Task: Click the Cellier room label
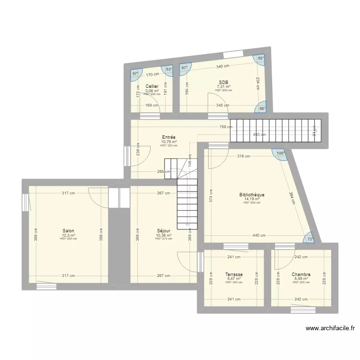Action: point(152,86)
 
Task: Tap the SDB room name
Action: point(224,82)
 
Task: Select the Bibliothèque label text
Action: point(252,194)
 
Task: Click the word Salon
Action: point(68,230)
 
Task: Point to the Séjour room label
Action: point(163,230)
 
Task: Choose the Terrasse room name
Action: point(234,275)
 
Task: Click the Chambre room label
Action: point(301,275)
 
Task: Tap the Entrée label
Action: point(168,137)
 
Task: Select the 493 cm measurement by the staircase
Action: point(260,134)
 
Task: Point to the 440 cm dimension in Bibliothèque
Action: point(259,236)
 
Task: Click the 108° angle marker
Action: point(280,154)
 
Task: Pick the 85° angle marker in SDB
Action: point(261,59)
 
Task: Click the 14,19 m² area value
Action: point(252,199)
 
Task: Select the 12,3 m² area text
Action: point(68,235)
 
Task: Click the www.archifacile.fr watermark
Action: point(330,328)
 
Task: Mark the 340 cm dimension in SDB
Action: point(222,66)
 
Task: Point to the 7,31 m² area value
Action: point(224,86)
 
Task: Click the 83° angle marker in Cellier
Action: point(169,69)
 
